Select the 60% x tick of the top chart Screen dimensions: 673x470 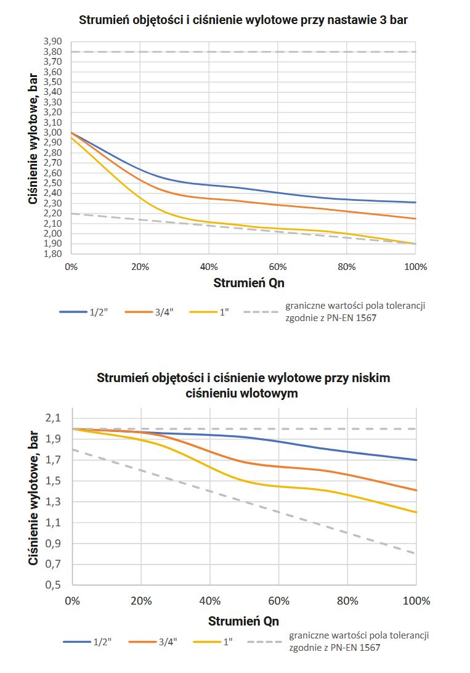(278, 267)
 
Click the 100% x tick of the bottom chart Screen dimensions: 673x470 (416, 601)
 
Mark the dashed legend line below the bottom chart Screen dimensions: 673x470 (264, 642)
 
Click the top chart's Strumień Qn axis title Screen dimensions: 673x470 (243, 283)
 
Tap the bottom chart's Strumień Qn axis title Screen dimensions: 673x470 (243, 620)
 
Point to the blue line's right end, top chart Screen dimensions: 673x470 (416, 202)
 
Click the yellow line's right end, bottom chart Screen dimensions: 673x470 (416, 512)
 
